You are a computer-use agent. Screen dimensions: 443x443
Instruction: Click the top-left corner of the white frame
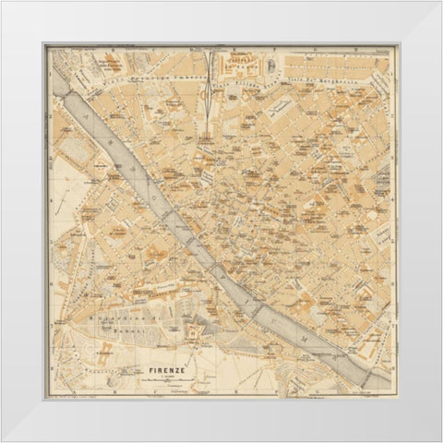coord(3,3)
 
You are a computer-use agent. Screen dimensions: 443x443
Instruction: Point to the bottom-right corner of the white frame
coord(439,439)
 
